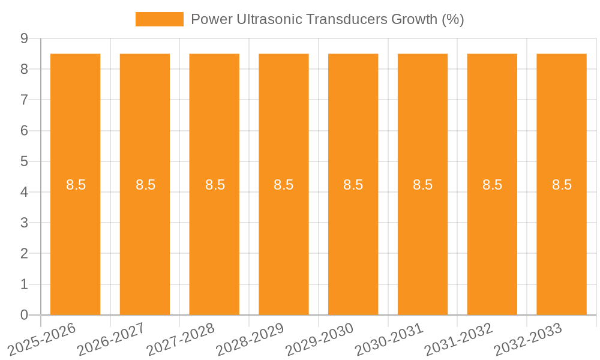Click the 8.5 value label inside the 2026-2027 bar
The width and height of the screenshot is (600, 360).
(145, 185)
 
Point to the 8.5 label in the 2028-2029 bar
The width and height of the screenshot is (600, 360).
(284, 185)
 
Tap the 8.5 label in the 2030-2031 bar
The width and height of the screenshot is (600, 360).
(423, 185)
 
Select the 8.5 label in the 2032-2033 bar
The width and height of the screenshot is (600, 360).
(562, 185)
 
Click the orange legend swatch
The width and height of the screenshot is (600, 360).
(159, 19)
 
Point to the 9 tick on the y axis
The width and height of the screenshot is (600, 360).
(25, 38)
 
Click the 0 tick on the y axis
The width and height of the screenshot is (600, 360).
(25, 315)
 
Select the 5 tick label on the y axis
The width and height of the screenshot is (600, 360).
(25, 161)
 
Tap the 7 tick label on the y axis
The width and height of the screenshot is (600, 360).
(25, 100)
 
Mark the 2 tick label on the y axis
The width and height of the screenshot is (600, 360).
(25, 253)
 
